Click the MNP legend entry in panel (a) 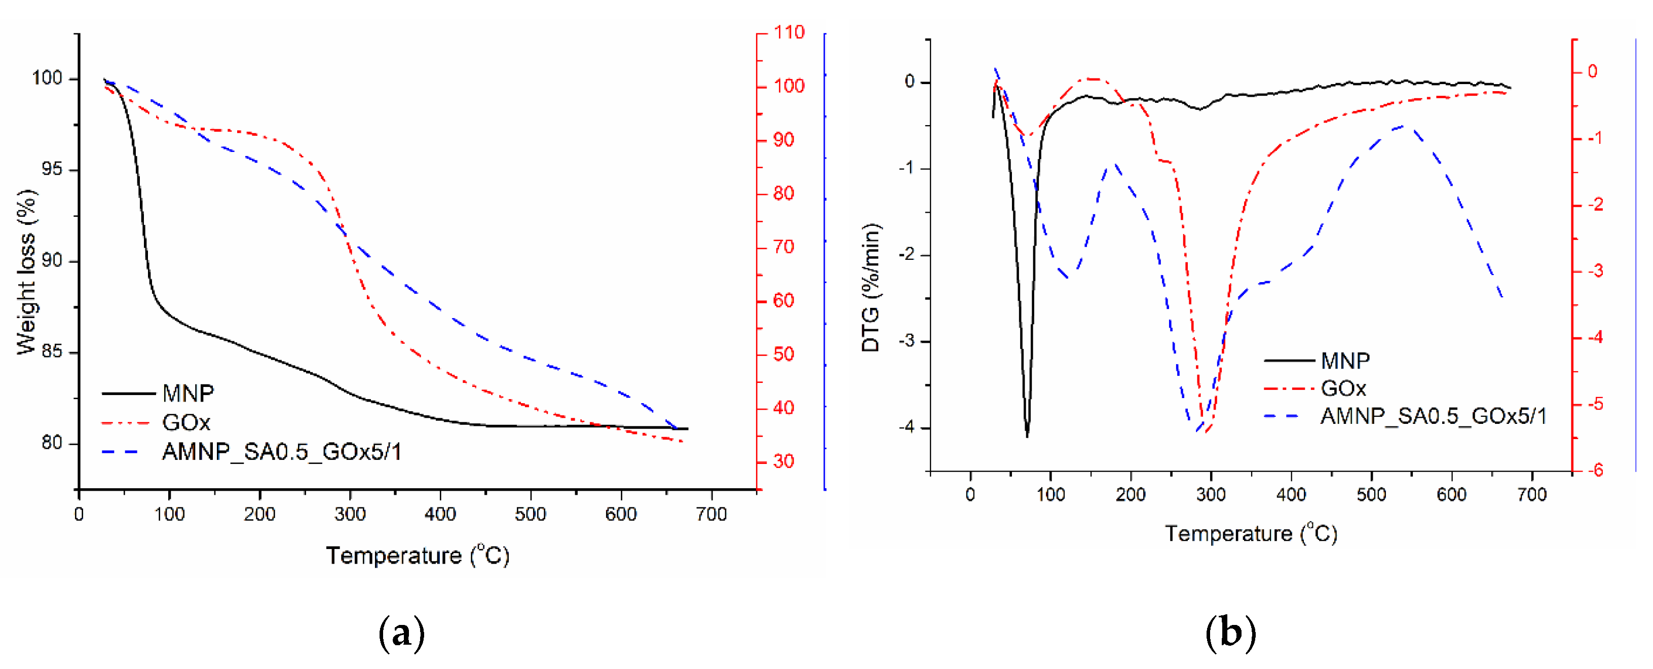pyautogui.click(x=187, y=393)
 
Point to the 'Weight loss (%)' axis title pyautogui.click(x=26, y=272)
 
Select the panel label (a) pyautogui.click(x=402, y=633)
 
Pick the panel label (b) pyautogui.click(x=1230, y=633)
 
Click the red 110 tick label pyautogui.click(x=788, y=33)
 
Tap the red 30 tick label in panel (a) pyautogui.click(x=783, y=461)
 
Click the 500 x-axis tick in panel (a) pyautogui.click(x=530, y=515)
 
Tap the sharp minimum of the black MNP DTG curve pyautogui.click(x=1027, y=436)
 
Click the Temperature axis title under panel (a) pyautogui.click(x=417, y=556)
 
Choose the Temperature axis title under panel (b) pyautogui.click(x=1251, y=534)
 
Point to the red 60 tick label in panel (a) pyautogui.click(x=783, y=300)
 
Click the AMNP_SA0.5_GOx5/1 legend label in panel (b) pyautogui.click(x=1433, y=416)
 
